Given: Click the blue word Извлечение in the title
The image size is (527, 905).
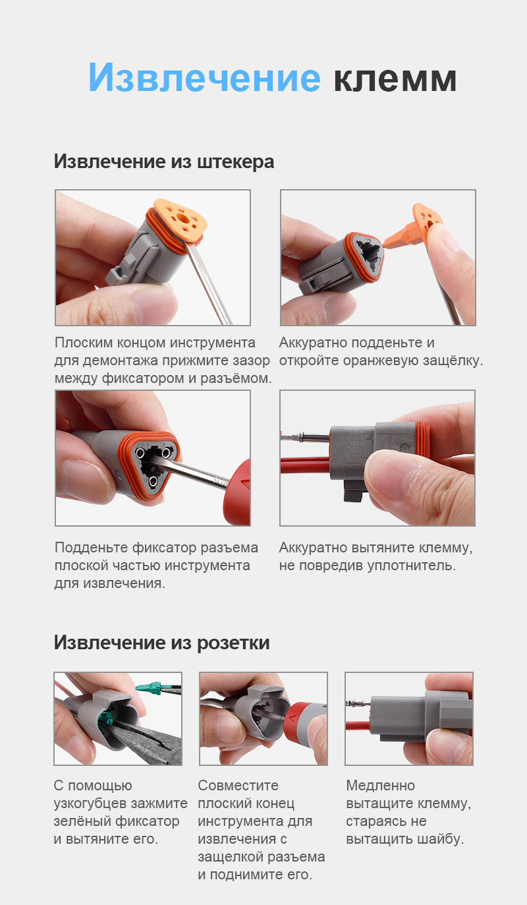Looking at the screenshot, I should pyautogui.click(x=204, y=78).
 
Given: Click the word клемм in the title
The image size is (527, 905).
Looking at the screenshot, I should pyautogui.click(x=395, y=78).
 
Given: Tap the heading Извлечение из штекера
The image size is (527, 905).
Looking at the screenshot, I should pyautogui.click(x=163, y=161).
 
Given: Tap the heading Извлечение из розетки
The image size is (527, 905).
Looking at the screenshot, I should pyautogui.click(x=161, y=643).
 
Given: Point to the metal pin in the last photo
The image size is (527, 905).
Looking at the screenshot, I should pyautogui.click(x=356, y=704).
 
